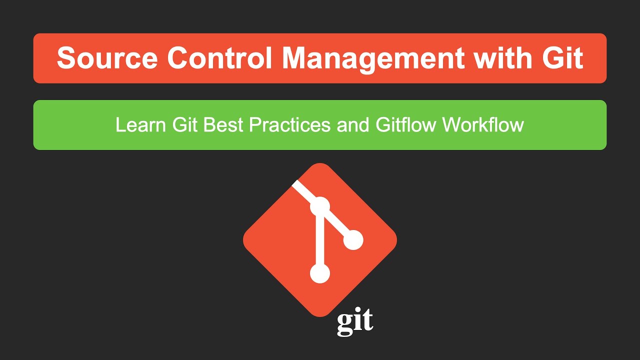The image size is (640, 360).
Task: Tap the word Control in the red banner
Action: click(x=219, y=58)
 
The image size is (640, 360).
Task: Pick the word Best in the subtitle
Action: click(x=224, y=125)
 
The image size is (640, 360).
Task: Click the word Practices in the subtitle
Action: click(x=290, y=125)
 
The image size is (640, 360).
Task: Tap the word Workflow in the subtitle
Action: click(x=482, y=125)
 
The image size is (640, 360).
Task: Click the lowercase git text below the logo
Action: click(x=355, y=322)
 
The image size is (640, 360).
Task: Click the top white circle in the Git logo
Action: click(x=320, y=206)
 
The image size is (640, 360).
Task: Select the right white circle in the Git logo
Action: click(x=353, y=240)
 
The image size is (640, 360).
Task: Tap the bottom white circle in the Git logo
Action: click(x=320, y=273)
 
